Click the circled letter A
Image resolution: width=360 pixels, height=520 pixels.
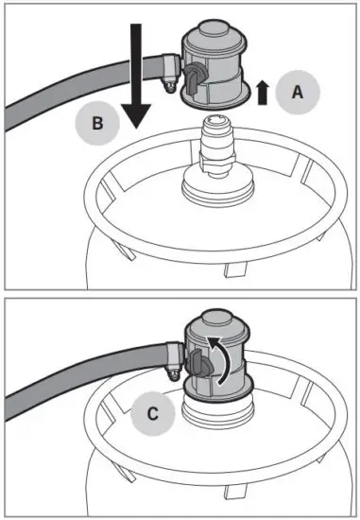297,92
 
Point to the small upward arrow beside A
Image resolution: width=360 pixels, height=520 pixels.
262,92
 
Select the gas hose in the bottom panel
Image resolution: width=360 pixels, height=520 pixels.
66,378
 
